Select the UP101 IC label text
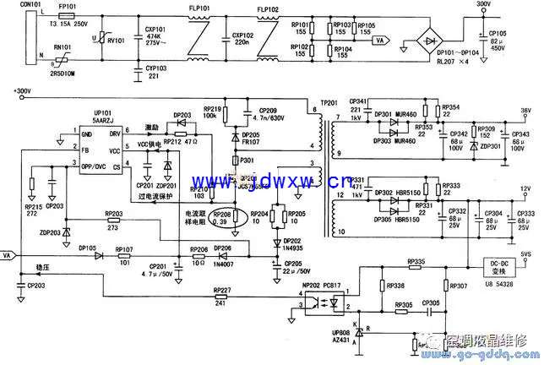point(103,115)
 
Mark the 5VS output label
point(525,253)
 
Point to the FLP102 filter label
point(267,10)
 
